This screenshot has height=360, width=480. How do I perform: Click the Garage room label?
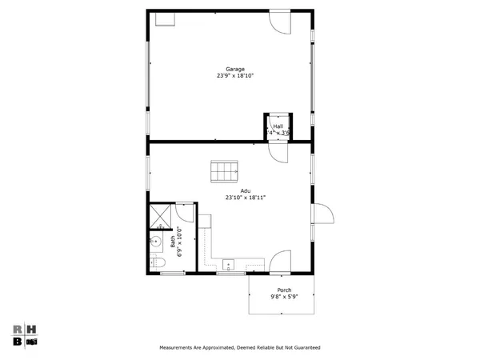click(235, 69)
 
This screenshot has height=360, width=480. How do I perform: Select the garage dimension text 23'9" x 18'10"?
click(235, 76)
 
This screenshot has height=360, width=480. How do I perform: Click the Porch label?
click(284, 290)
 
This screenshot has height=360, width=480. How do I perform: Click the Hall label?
click(278, 126)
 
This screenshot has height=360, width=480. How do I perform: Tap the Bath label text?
click(172, 238)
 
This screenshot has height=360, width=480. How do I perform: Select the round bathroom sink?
click(157, 242)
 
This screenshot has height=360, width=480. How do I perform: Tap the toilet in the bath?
click(158, 263)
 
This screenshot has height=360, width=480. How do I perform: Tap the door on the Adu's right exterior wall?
click(322, 214)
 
